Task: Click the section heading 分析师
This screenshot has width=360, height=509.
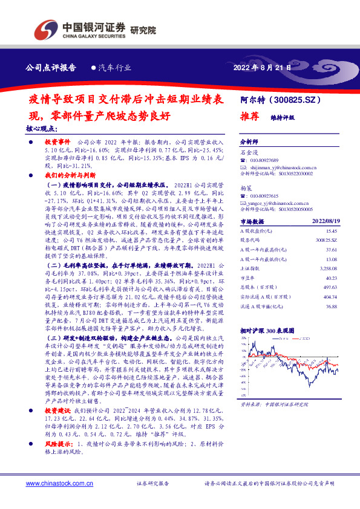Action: tap(249, 139)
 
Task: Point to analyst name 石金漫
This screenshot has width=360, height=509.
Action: tap(249, 154)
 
